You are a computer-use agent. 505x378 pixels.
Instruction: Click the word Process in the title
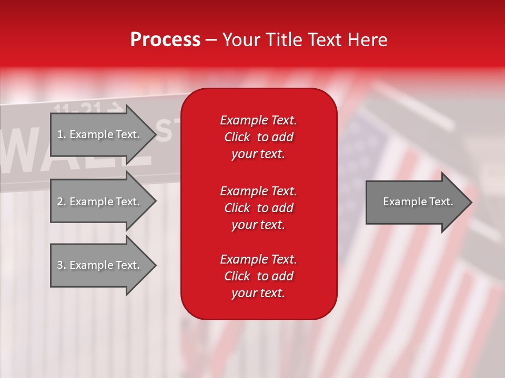[x=166, y=40]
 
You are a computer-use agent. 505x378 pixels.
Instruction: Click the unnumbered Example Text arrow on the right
[x=419, y=202]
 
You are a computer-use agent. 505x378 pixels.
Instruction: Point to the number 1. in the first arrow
[x=62, y=134]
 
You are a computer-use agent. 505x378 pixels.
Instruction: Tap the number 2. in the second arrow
[x=62, y=202]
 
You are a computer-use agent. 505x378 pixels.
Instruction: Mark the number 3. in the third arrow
[x=62, y=265]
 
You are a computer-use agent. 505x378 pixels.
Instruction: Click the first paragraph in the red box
[x=259, y=137]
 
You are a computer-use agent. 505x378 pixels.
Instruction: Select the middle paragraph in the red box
[x=259, y=208]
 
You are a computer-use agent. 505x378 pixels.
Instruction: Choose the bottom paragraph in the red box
[x=259, y=276]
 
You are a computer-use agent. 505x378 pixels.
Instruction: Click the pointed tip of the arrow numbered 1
[x=156, y=134]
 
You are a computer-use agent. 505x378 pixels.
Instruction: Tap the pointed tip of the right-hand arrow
[x=472, y=202]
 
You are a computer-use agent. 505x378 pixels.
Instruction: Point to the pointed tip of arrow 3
[x=156, y=265]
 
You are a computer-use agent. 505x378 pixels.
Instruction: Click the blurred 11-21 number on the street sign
[x=77, y=108]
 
